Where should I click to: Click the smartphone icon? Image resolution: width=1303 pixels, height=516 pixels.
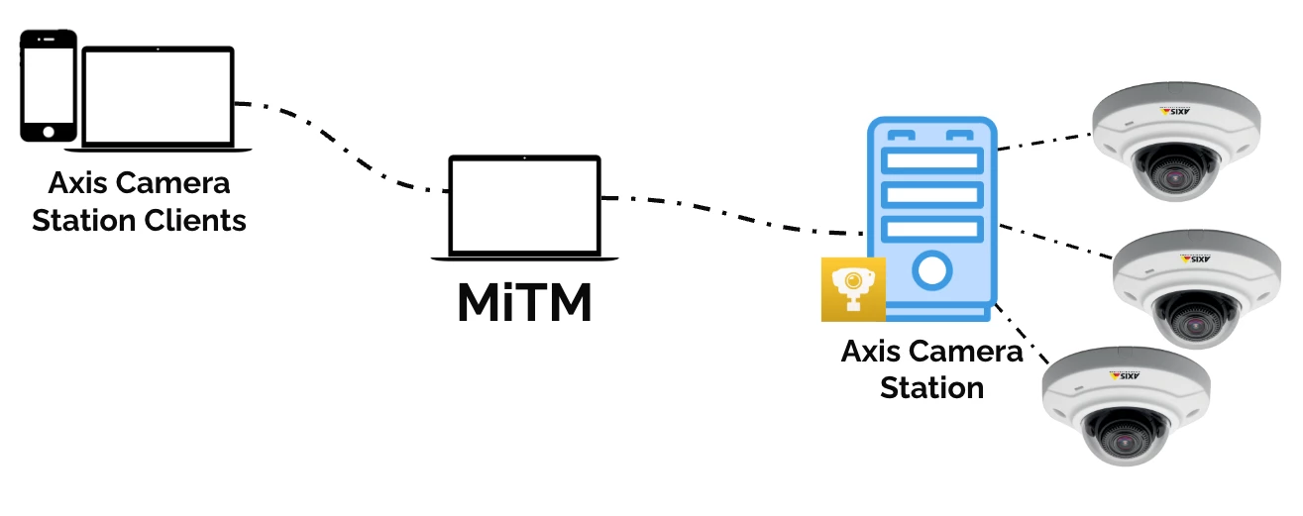tap(49, 85)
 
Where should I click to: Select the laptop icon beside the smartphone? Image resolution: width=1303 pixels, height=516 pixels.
tap(159, 99)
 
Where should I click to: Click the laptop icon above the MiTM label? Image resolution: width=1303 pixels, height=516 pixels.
tap(525, 208)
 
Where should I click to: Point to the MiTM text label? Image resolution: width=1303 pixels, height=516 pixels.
tap(524, 304)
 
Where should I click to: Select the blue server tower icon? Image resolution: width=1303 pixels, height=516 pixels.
tap(931, 218)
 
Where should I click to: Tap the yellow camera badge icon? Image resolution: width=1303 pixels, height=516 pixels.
tap(853, 289)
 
